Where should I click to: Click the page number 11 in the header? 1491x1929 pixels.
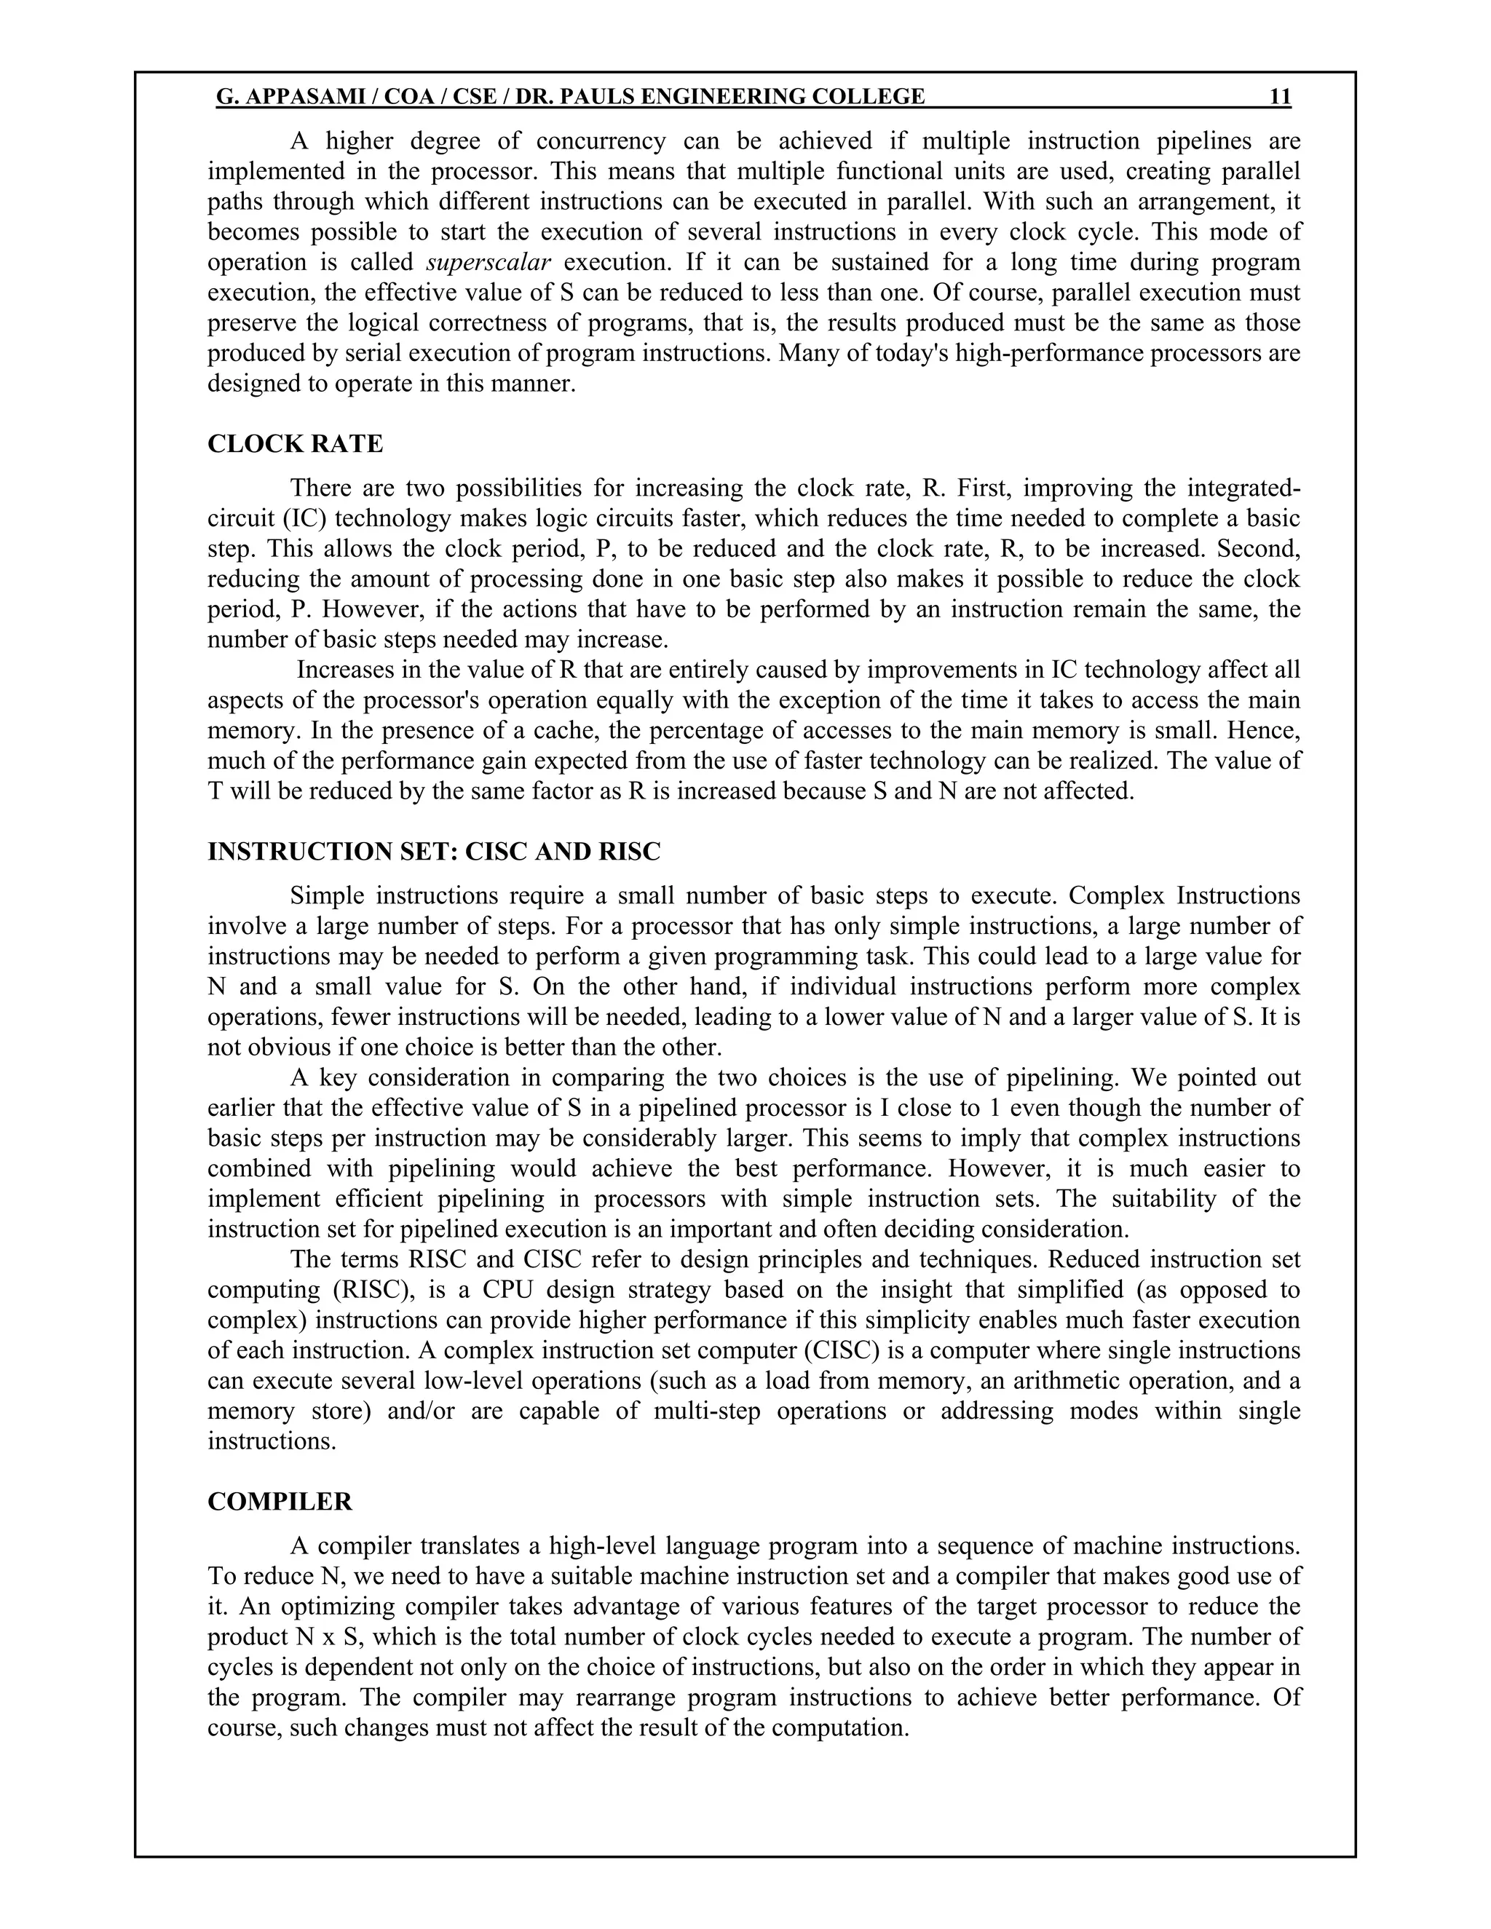point(1280,96)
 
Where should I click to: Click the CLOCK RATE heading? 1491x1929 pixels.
point(295,443)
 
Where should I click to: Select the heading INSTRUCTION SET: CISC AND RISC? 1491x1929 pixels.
point(434,852)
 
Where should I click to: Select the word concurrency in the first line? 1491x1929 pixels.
point(601,141)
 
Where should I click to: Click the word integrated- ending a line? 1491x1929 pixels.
point(1243,488)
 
